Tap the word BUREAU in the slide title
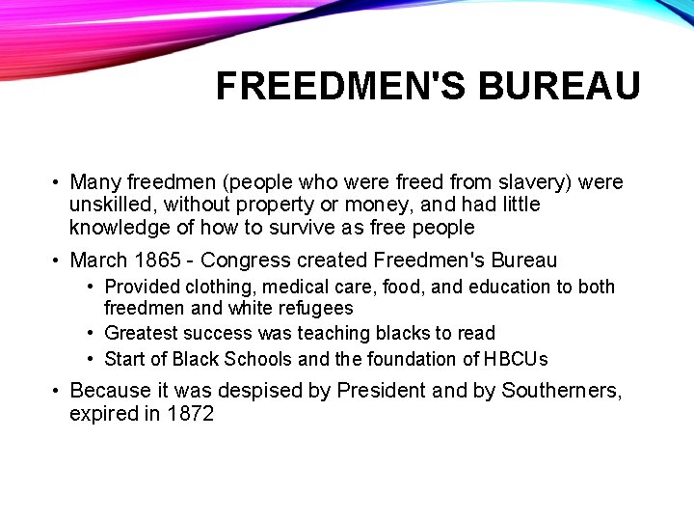[x=559, y=87]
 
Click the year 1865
[x=158, y=260]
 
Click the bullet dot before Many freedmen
[x=57, y=182]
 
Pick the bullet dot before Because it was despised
[x=57, y=391]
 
